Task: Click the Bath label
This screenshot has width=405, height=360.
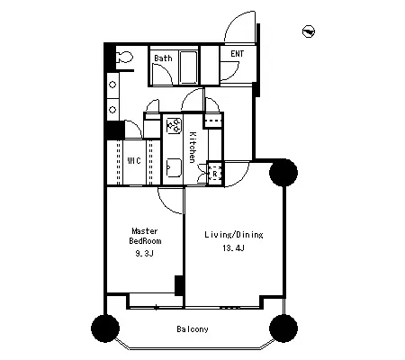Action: coord(163,58)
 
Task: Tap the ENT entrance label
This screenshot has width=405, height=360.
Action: coord(237,54)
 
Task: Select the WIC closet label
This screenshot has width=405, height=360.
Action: coord(134,160)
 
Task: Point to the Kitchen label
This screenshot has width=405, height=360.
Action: coord(193,147)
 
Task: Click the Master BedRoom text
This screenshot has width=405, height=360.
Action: coord(145,236)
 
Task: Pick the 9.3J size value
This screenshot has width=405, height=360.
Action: coord(144,254)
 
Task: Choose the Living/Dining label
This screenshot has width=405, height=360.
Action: coord(234,235)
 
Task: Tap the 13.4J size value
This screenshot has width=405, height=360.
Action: coord(233,248)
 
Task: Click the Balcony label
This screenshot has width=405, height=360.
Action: coord(193,329)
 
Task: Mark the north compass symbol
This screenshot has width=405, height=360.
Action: coord(309,31)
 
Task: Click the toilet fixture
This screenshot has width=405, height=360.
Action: coord(124,57)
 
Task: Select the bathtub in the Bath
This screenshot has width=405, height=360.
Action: coord(188,67)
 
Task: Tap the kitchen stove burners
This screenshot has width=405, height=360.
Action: coord(174,125)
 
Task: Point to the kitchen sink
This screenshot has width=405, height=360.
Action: coord(174,168)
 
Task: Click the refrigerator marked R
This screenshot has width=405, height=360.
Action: coord(215,174)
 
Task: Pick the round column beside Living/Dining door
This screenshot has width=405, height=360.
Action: coord(283,173)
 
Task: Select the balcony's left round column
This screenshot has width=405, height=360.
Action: coord(105,328)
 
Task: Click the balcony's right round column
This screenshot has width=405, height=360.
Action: coord(283,328)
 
